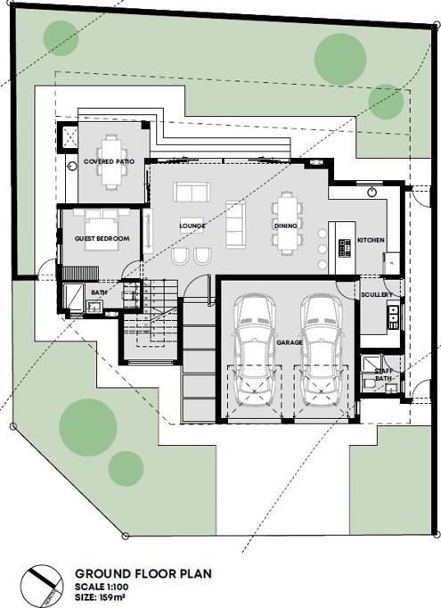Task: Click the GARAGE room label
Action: pos(290,342)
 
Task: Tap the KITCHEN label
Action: pos(371,241)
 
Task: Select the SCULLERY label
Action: pos(377,295)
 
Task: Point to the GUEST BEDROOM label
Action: pos(102,238)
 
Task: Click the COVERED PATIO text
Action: pos(110,161)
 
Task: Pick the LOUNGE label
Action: pos(192,226)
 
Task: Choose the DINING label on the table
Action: pos(286,226)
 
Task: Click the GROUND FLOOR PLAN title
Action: pos(143,573)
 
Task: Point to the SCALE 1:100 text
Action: pos(102,587)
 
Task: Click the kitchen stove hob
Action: pos(345,249)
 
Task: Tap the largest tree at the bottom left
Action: pos(88,427)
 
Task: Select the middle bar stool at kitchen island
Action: pos(322,249)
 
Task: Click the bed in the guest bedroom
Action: pos(102,229)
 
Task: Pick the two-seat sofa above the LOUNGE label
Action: pos(192,193)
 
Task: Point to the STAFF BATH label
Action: pos(383,375)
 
